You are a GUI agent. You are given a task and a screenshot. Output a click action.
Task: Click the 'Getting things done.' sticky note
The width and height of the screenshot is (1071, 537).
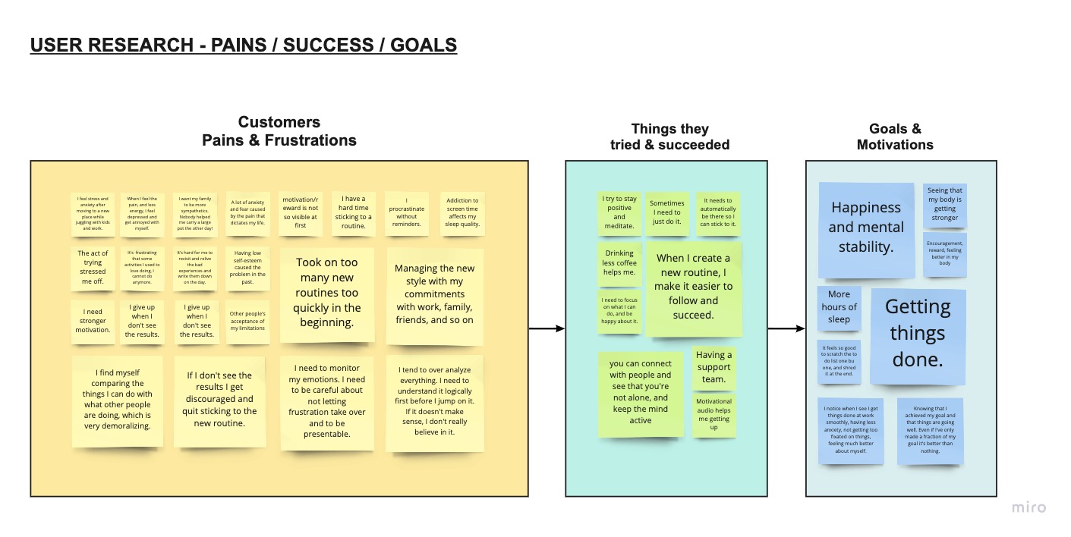tap(918, 334)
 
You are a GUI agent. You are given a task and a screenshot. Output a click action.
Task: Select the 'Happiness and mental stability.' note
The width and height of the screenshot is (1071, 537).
tap(865, 228)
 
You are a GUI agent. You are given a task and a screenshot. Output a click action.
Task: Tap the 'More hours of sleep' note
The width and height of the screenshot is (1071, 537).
tap(839, 307)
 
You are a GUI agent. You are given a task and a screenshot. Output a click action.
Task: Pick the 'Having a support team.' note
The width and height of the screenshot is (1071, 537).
tap(713, 367)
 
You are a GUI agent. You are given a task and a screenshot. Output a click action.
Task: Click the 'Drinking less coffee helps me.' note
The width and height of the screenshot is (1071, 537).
tap(619, 263)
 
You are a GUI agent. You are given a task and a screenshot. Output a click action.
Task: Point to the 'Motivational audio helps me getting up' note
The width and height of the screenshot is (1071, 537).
tap(713, 414)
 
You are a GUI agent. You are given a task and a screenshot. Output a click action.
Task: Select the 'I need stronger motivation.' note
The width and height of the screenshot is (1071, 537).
tap(93, 321)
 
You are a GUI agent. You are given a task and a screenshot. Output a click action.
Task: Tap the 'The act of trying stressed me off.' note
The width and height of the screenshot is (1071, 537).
tap(93, 267)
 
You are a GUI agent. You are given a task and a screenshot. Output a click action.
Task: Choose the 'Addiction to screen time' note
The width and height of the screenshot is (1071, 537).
tap(461, 213)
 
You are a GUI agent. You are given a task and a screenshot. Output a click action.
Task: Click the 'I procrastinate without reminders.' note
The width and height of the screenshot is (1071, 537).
tap(407, 213)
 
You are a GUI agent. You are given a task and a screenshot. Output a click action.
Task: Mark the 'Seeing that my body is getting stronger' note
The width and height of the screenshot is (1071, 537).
tap(944, 205)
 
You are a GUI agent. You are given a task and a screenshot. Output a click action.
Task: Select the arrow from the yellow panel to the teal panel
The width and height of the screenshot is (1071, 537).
tap(547, 328)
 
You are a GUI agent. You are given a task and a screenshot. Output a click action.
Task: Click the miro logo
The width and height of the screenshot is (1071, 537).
tap(1028, 507)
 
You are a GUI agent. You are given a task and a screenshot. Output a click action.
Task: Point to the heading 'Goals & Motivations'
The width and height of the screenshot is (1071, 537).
tap(895, 137)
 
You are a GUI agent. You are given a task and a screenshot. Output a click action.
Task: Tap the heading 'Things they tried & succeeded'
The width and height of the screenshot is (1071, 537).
tap(669, 137)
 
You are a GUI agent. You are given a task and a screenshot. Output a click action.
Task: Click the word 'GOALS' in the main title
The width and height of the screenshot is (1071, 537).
tap(424, 46)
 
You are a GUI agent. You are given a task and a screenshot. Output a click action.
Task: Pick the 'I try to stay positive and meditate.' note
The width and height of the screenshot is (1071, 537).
tap(619, 212)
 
